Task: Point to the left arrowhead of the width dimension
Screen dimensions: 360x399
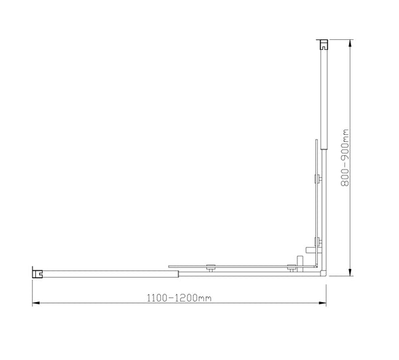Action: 35,304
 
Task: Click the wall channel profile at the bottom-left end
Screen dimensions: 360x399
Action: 39,272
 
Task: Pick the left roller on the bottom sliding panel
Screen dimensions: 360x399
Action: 210,268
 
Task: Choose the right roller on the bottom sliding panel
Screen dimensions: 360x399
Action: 291,268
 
